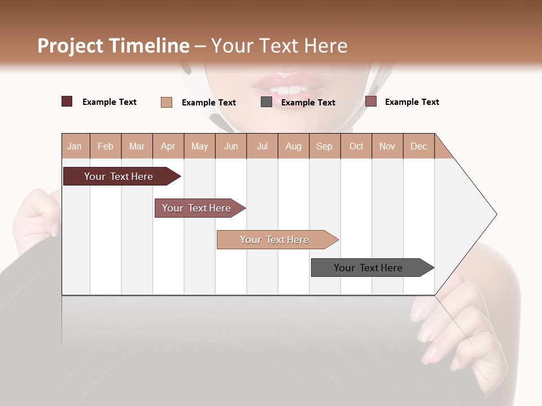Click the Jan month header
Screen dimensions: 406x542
click(x=75, y=146)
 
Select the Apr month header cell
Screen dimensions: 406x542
click(x=168, y=146)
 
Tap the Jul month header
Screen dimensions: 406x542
click(x=262, y=146)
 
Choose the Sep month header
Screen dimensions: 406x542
click(x=324, y=146)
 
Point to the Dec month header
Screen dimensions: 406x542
click(x=418, y=146)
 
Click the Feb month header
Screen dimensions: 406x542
click(x=106, y=146)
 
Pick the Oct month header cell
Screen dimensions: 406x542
click(x=356, y=146)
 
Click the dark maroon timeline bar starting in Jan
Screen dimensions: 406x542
click(x=119, y=176)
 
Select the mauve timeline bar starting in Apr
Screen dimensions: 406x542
click(x=197, y=208)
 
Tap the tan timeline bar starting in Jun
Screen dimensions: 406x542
click(x=275, y=240)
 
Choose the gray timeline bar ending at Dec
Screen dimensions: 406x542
click(x=369, y=268)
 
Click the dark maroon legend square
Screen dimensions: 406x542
click(x=67, y=101)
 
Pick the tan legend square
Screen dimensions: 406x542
click(x=167, y=102)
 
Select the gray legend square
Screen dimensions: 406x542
click(x=266, y=102)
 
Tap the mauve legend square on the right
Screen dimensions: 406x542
click(x=371, y=101)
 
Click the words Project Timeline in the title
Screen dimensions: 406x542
click(x=113, y=46)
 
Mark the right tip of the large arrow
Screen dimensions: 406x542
click(x=496, y=214)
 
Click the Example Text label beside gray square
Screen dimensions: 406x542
click(x=308, y=103)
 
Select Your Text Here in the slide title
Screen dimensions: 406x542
click(x=279, y=46)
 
